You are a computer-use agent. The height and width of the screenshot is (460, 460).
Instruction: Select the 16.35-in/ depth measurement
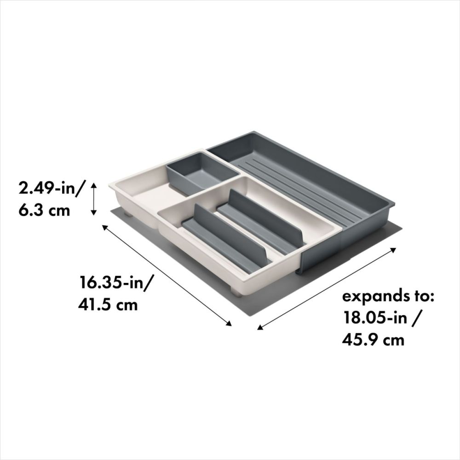point(116,282)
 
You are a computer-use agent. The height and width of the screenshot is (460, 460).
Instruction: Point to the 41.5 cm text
point(109,304)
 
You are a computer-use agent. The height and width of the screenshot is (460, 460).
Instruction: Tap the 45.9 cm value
point(373,340)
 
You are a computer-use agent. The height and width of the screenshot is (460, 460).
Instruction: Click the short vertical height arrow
point(93,199)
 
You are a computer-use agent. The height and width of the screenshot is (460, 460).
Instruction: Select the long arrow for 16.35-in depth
point(166,275)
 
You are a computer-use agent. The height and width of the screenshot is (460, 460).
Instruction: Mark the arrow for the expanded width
point(327,288)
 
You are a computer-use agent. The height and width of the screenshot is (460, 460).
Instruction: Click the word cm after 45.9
point(394,340)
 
